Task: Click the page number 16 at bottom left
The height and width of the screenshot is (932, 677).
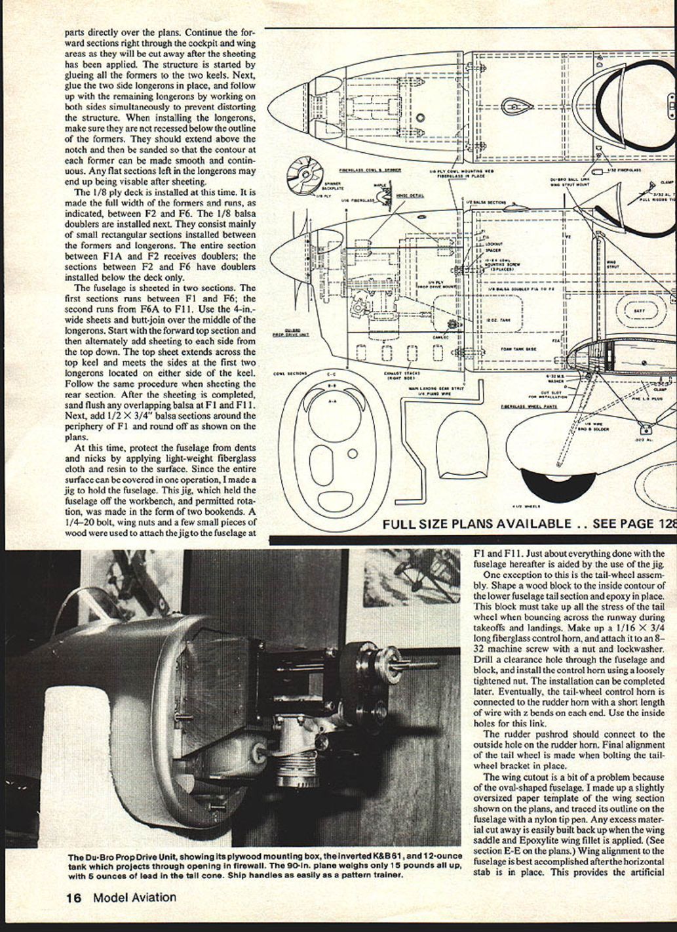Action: [72, 897]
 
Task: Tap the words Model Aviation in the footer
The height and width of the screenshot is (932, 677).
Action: [134, 897]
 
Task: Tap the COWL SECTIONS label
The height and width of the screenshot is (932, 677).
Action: [290, 375]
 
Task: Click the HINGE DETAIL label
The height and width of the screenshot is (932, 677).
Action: [410, 195]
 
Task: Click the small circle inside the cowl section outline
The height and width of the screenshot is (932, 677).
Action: [353, 453]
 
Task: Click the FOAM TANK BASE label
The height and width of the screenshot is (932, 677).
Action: [518, 349]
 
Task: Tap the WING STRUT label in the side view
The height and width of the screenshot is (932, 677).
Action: [612, 264]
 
